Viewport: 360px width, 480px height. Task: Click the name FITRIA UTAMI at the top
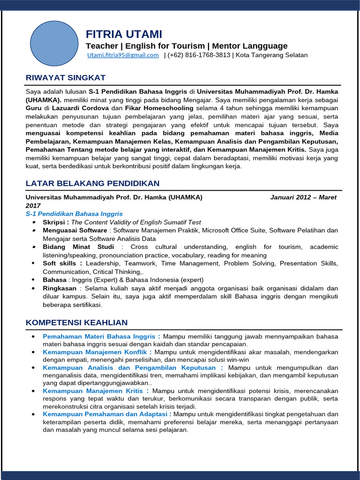point(124,34)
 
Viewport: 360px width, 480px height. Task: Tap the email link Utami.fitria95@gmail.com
point(123,55)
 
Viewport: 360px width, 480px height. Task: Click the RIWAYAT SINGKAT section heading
point(65,77)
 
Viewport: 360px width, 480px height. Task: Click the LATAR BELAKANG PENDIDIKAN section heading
point(92,183)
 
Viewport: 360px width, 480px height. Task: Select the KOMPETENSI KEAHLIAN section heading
point(76,322)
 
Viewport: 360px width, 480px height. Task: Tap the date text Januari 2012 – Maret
point(303,197)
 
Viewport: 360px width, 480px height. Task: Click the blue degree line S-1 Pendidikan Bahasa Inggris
point(74,214)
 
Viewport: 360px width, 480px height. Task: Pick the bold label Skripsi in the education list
point(56,222)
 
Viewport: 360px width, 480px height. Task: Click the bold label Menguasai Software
point(75,230)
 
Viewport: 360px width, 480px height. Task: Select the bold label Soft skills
point(62,263)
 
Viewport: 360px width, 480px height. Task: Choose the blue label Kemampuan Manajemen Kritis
point(96,390)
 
